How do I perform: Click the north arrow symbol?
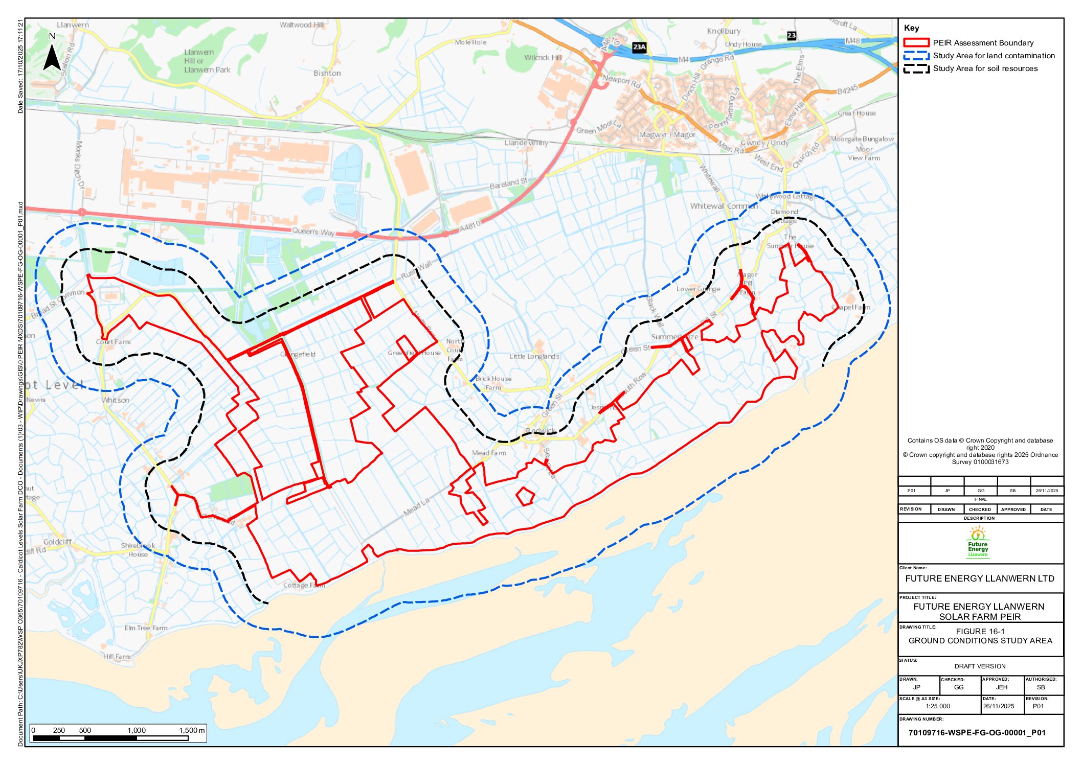52,56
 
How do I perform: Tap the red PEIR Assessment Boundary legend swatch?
915,43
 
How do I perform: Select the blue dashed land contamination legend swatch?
915,56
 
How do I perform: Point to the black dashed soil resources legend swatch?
915,68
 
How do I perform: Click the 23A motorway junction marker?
639,47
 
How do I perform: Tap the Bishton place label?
327,73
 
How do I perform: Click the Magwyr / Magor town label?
667,135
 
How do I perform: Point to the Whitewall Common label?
724,206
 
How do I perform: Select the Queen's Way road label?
313,231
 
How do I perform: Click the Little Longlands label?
534,356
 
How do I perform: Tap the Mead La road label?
417,506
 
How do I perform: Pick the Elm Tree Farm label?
146,628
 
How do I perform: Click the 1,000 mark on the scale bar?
137,730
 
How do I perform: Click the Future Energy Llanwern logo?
977,544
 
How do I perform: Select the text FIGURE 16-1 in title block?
980,631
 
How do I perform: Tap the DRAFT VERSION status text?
979,666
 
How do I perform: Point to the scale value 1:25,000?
937,706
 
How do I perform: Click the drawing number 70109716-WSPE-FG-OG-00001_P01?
976,732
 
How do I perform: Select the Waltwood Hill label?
301,25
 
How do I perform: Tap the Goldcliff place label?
57,542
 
